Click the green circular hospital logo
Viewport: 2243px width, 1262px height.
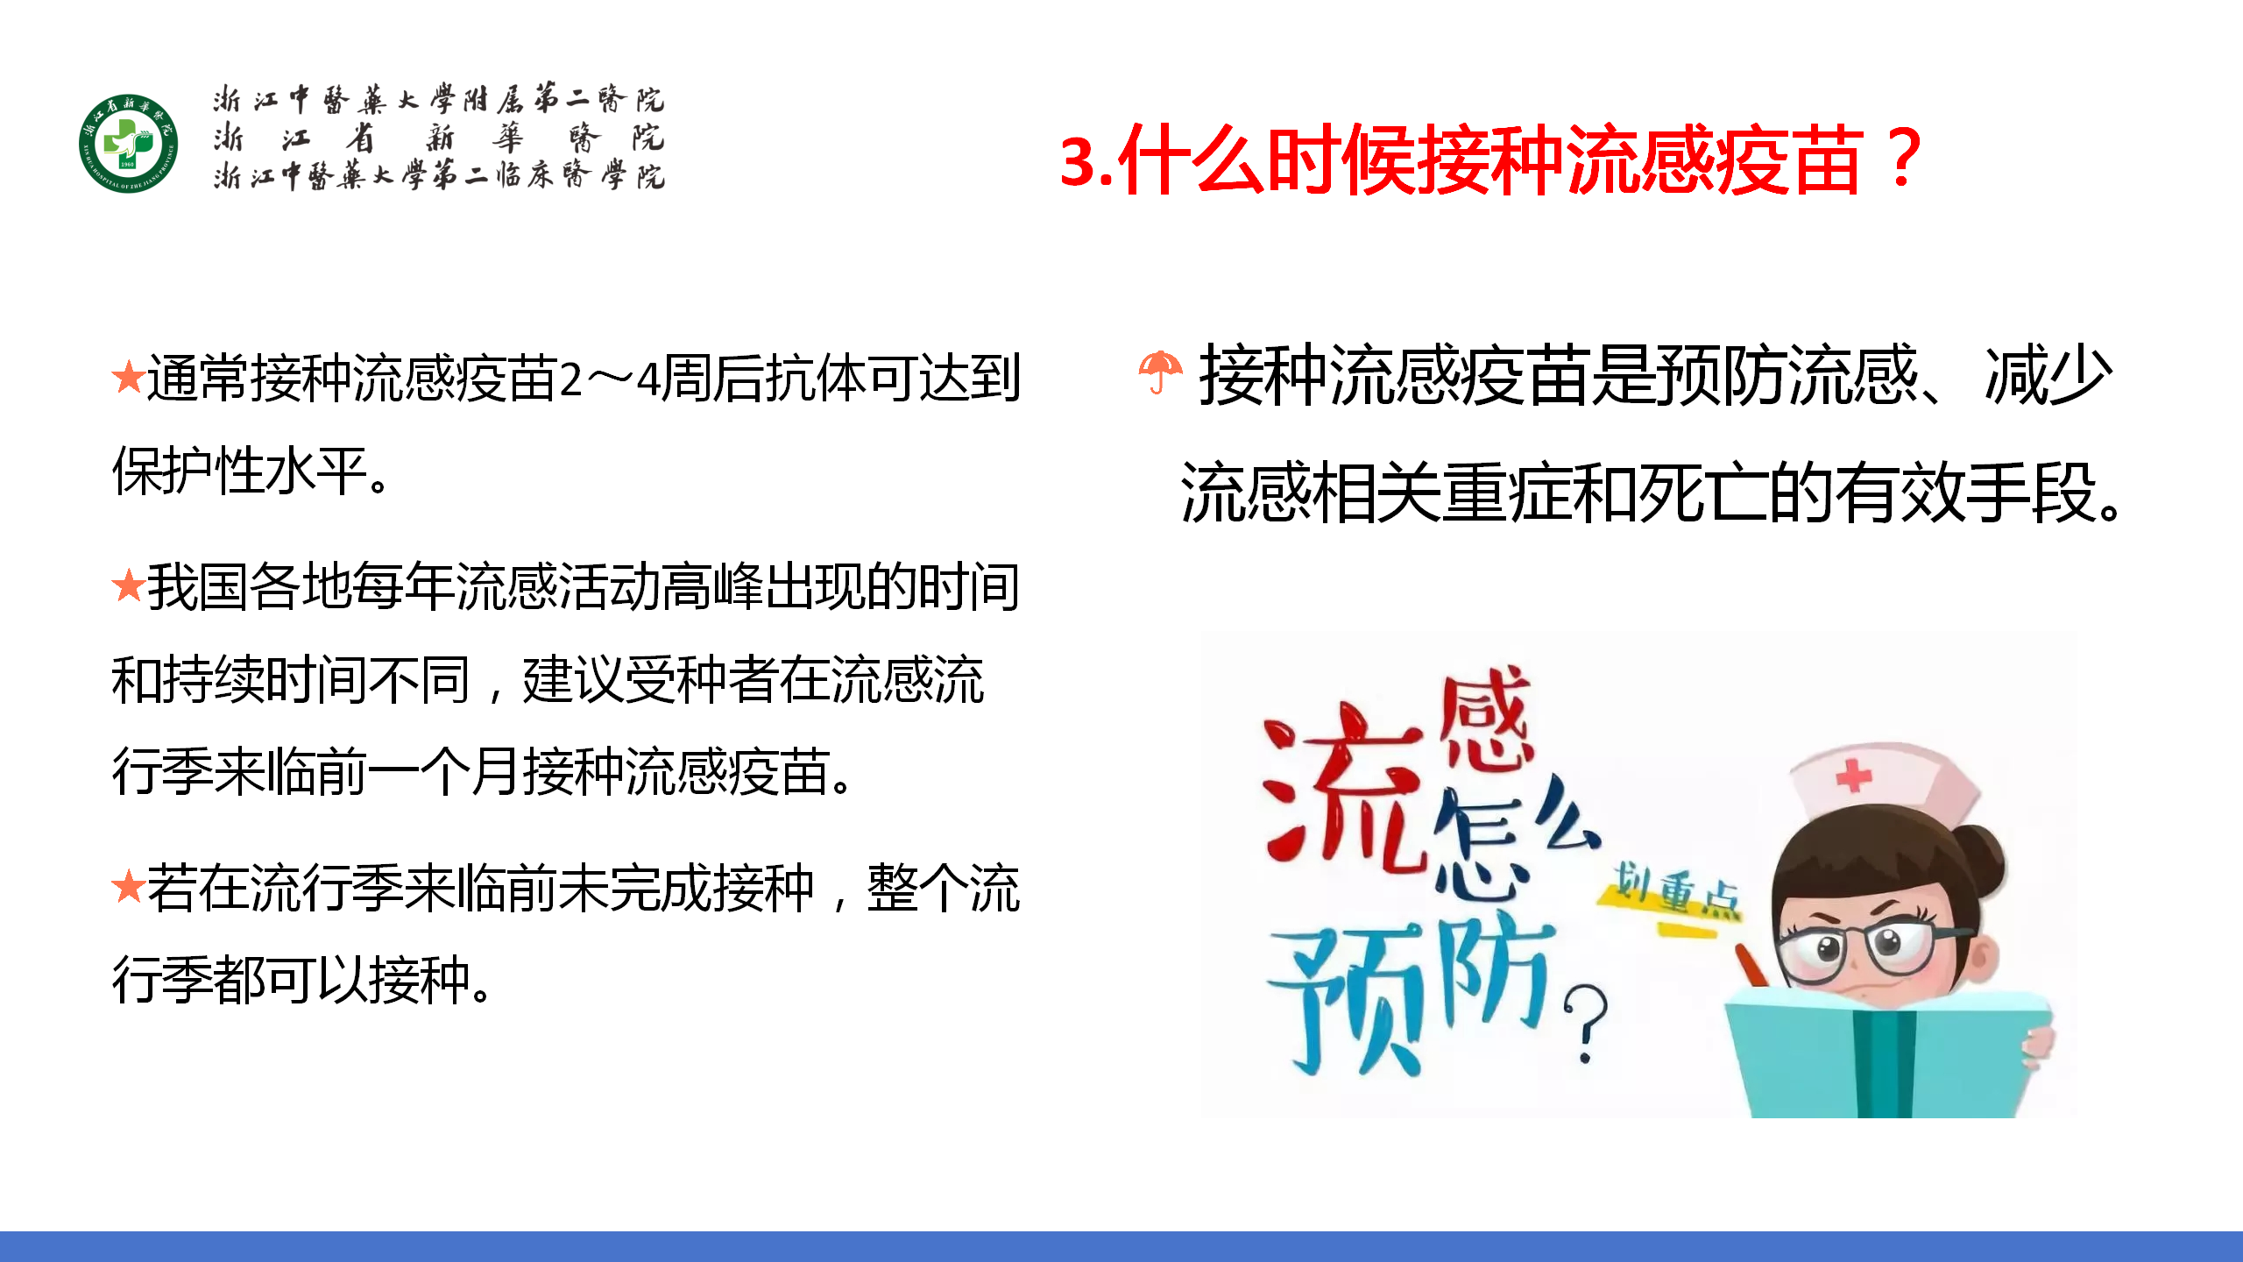pos(129,144)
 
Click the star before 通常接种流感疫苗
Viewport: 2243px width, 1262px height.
pos(128,378)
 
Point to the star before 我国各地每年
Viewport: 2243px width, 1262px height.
pos(128,585)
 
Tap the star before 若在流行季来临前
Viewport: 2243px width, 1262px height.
pos(128,886)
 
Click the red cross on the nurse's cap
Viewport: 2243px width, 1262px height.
pos(1852,775)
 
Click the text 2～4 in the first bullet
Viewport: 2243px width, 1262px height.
pos(610,379)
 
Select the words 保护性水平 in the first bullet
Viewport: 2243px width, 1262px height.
pos(239,471)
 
